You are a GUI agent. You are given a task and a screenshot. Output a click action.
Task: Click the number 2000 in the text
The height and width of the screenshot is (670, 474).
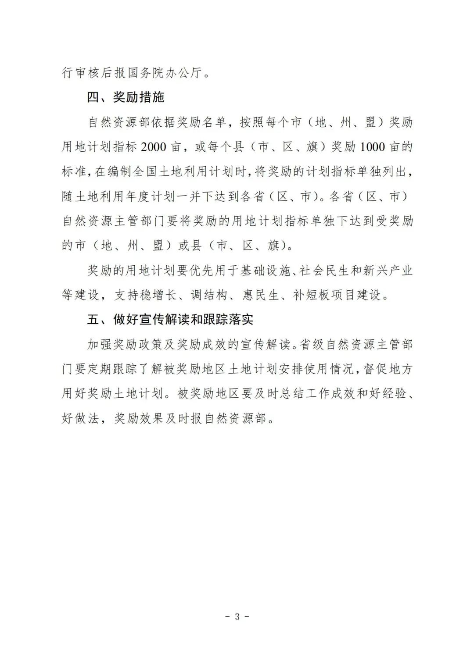pos(154,147)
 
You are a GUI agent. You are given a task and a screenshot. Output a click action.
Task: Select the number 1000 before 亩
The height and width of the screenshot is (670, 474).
pos(372,147)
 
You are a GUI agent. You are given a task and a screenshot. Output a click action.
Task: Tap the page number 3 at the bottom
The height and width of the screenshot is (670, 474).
pos(237,617)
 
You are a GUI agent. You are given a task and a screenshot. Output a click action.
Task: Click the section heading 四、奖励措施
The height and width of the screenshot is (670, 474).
pos(126,97)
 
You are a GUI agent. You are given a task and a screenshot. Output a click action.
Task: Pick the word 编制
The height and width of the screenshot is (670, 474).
pos(120,171)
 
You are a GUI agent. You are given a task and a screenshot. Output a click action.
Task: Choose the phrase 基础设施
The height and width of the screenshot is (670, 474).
pos(265,271)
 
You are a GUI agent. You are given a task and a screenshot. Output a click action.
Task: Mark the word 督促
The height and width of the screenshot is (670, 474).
pos(376,369)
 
